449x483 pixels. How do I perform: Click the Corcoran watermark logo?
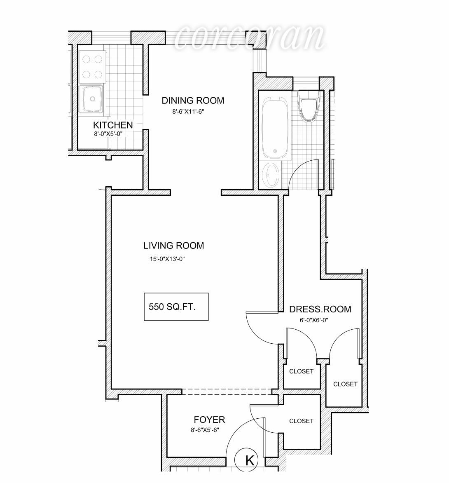pyautogui.click(x=249, y=37)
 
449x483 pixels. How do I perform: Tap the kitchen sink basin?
pyautogui.click(x=92, y=98)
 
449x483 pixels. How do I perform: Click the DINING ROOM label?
pyautogui.click(x=193, y=101)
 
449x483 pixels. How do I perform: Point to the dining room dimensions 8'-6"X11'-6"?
pyautogui.click(x=189, y=111)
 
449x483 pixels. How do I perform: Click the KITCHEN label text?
pyautogui.click(x=113, y=125)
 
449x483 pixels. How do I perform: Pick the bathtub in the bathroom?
pyautogui.click(x=275, y=127)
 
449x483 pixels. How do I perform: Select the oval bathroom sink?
pyautogui.click(x=271, y=175)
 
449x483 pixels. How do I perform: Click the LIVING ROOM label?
pyautogui.click(x=173, y=246)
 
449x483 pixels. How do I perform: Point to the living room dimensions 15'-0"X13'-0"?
pyautogui.click(x=170, y=259)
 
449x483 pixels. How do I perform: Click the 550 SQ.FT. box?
pyautogui.click(x=176, y=307)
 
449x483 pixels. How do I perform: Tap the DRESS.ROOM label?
pyautogui.click(x=320, y=309)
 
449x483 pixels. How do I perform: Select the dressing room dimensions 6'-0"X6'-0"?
pyautogui.click(x=314, y=320)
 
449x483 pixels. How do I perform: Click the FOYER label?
pyautogui.click(x=209, y=420)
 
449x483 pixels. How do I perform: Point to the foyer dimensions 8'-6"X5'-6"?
pyautogui.click(x=205, y=430)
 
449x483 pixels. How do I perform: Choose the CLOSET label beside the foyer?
pyautogui.click(x=301, y=421)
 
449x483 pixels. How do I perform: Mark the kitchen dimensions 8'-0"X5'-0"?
pyautogui.click(x=108, y=134)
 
